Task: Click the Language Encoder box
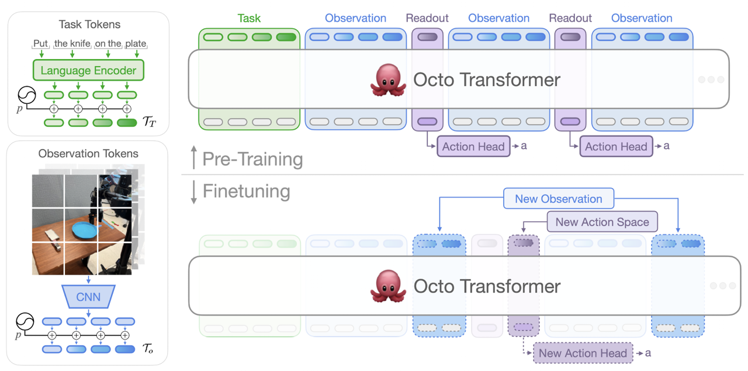pos(88,71)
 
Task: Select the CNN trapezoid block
pos(88,297)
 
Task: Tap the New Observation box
pos(558,199)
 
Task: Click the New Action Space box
pos(602,222)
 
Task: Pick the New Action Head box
pos(583,353)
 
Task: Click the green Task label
pos(249,18)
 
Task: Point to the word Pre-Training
pos(252,159)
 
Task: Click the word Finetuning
pos(246,191)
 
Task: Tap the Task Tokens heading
pos(89,25)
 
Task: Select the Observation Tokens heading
pos(88,154)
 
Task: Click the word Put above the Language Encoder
pos(40,44)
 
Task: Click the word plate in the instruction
pos(136,44)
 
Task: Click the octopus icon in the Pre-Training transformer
pos(388,80)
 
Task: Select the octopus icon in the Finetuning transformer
pos(388,287)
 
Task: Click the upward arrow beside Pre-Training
pos(194,159)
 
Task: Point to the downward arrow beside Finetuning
pos(194,192)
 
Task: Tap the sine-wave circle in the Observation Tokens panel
pos(26,322)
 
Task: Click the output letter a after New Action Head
pos(648,353)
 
